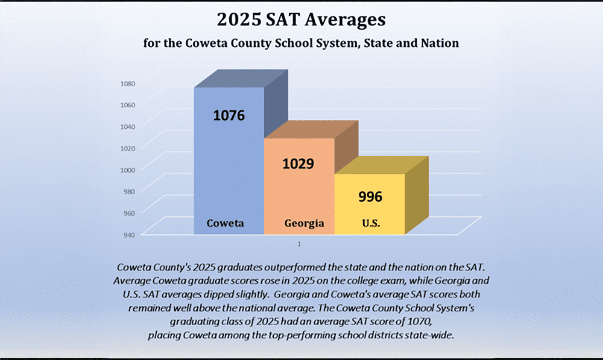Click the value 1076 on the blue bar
pyautogui.click(x=229, y=115)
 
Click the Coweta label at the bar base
pyautogui.click(x=226, y=223)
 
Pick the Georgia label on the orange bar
pyautogui.click(x=304, y=223)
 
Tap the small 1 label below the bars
pyautogui.click(x=299, y=244)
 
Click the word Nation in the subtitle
pyautogui.click(x=438, y=43)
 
